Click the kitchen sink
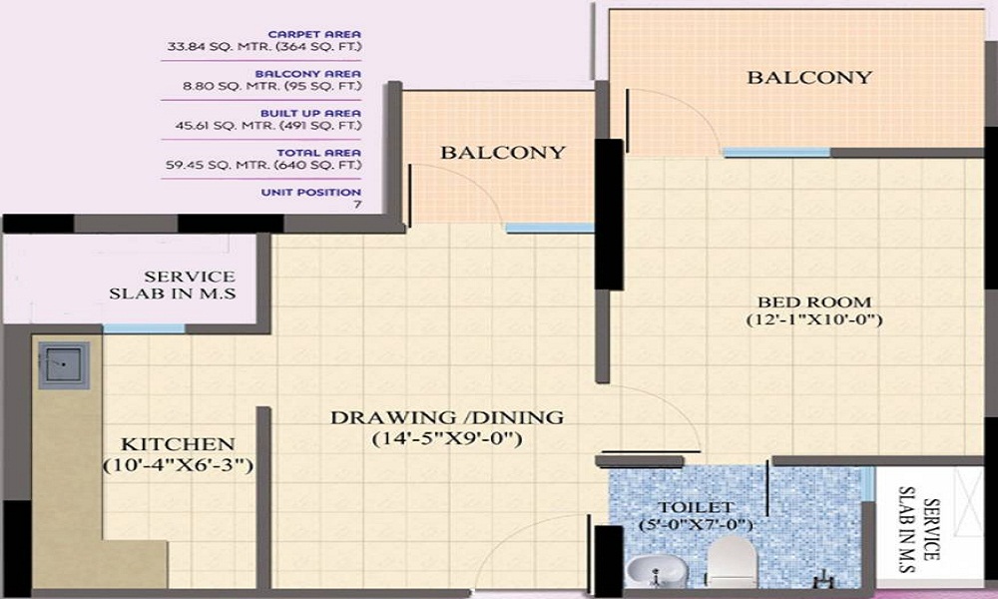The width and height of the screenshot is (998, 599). click(63, 365)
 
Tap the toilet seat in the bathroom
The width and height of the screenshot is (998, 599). click(732, 561)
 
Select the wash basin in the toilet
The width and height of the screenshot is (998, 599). click(657, 570)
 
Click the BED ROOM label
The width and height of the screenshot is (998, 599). click(814, 301)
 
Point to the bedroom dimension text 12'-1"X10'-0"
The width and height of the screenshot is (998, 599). click(814, 319)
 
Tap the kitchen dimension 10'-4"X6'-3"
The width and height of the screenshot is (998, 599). click(179, 465)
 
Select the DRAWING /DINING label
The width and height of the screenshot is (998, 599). click(447, 417)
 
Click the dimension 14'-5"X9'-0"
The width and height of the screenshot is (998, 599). click(447, 438)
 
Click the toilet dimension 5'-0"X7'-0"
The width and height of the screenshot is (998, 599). click(696, 525)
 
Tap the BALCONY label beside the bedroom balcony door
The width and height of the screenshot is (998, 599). click(809, 77)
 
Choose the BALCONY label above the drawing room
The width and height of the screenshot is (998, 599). click(503, 152)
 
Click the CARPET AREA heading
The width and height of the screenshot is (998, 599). click(314, 34)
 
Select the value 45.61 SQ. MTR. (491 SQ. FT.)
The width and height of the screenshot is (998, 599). click(268, 126)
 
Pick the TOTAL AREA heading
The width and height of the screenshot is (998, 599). click(319, 153)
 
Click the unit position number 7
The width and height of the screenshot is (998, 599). click(357, 205)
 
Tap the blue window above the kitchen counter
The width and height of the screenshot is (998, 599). click(144, 328)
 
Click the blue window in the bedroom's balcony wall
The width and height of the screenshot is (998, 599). click(776, 153)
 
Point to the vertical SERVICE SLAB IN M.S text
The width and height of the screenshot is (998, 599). click(919, 529)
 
